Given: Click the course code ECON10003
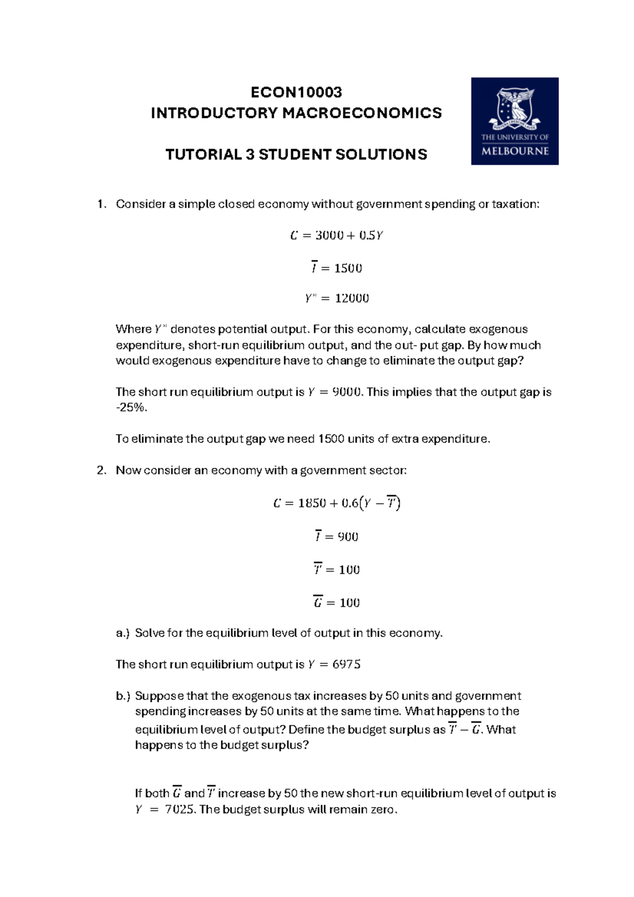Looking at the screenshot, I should (x=296, y=92).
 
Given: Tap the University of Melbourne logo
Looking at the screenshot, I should (x=515, y=121).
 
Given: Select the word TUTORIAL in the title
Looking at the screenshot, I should (x=197, y=155).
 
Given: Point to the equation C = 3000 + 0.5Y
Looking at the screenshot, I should (x=337, y=236).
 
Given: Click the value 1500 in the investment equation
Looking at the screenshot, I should (x=348, y=268).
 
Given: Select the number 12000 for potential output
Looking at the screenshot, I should (x=352, y=298).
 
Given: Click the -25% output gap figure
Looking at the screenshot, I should (x=130, y=408).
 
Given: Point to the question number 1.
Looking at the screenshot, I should (x=100, y=204).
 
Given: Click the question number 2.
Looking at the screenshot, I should (x=101, y=471).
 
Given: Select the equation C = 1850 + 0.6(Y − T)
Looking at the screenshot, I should (x=337, y=503).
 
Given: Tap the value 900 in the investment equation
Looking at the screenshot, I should (x=348, y=537).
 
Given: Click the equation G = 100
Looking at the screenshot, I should (x=337, y=603).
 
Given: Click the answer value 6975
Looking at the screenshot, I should (x=346, y=665).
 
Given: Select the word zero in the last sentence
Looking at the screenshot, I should (x=384, y=810).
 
